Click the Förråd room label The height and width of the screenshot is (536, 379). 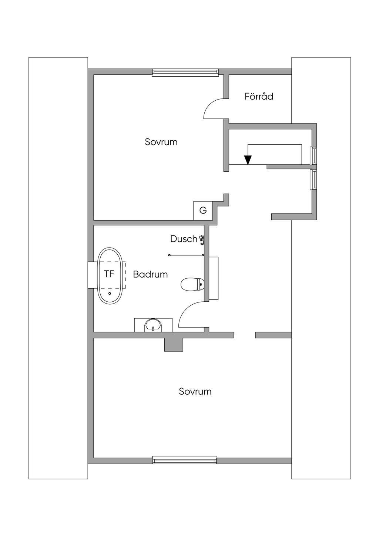coord(259,96)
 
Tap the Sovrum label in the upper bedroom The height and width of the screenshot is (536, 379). coord(161,142)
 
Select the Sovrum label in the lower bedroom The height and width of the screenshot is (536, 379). coord(195,391)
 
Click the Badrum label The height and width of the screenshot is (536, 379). coord(150,274)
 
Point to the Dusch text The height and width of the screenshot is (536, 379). coord(184,239)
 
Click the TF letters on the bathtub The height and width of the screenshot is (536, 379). coord(109,274)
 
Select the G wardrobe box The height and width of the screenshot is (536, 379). coord(203,211)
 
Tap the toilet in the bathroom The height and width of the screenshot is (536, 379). coord(192,284)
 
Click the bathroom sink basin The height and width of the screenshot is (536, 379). coord(153,325)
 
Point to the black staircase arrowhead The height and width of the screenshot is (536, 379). coord(248,160)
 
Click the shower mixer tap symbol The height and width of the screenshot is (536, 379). coord(201,240)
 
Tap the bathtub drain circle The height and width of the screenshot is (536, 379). coord(110,294)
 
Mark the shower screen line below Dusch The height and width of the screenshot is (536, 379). coord(186,255)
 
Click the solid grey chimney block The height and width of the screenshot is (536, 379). coord(174,345)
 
